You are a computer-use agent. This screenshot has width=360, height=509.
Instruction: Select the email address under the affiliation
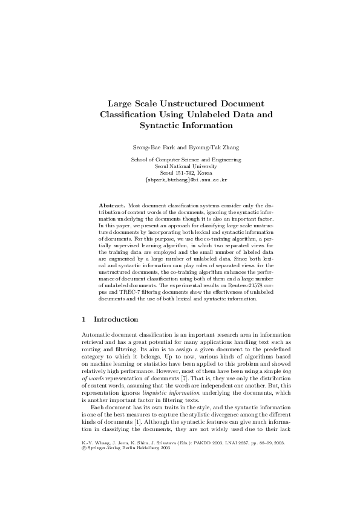[186, 180]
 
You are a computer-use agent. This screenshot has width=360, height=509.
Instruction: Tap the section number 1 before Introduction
[83, 319]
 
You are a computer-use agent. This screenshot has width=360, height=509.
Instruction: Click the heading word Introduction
[116, 319]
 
